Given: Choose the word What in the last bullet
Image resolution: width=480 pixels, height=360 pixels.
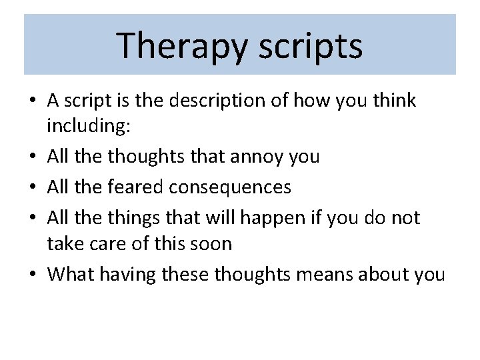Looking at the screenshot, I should (x=71, y=274).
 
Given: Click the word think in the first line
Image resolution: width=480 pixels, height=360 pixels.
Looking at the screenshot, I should (x=395, y=101).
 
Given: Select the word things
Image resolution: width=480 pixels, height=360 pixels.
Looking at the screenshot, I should (x=135, y=218).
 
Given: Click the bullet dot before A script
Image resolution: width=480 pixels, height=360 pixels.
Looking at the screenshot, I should (x=33, y=101).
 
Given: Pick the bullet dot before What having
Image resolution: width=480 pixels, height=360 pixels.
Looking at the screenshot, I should (x=33, y=274).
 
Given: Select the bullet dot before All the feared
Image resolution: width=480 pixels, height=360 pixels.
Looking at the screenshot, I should (x=33, y=187).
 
